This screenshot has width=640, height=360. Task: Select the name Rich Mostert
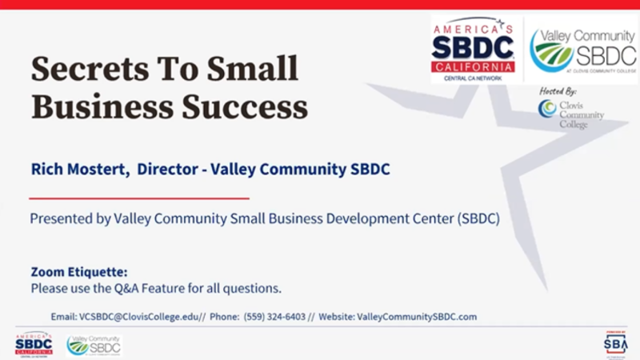(x=79, y=170)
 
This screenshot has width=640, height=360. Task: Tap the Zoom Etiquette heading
(x=78, y=272)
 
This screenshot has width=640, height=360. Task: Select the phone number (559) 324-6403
(x=274, y=317)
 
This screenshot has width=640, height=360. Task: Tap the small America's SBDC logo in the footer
(x=34, y=345)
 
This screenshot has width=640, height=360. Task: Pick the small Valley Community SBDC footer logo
(x=94, y=345)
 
